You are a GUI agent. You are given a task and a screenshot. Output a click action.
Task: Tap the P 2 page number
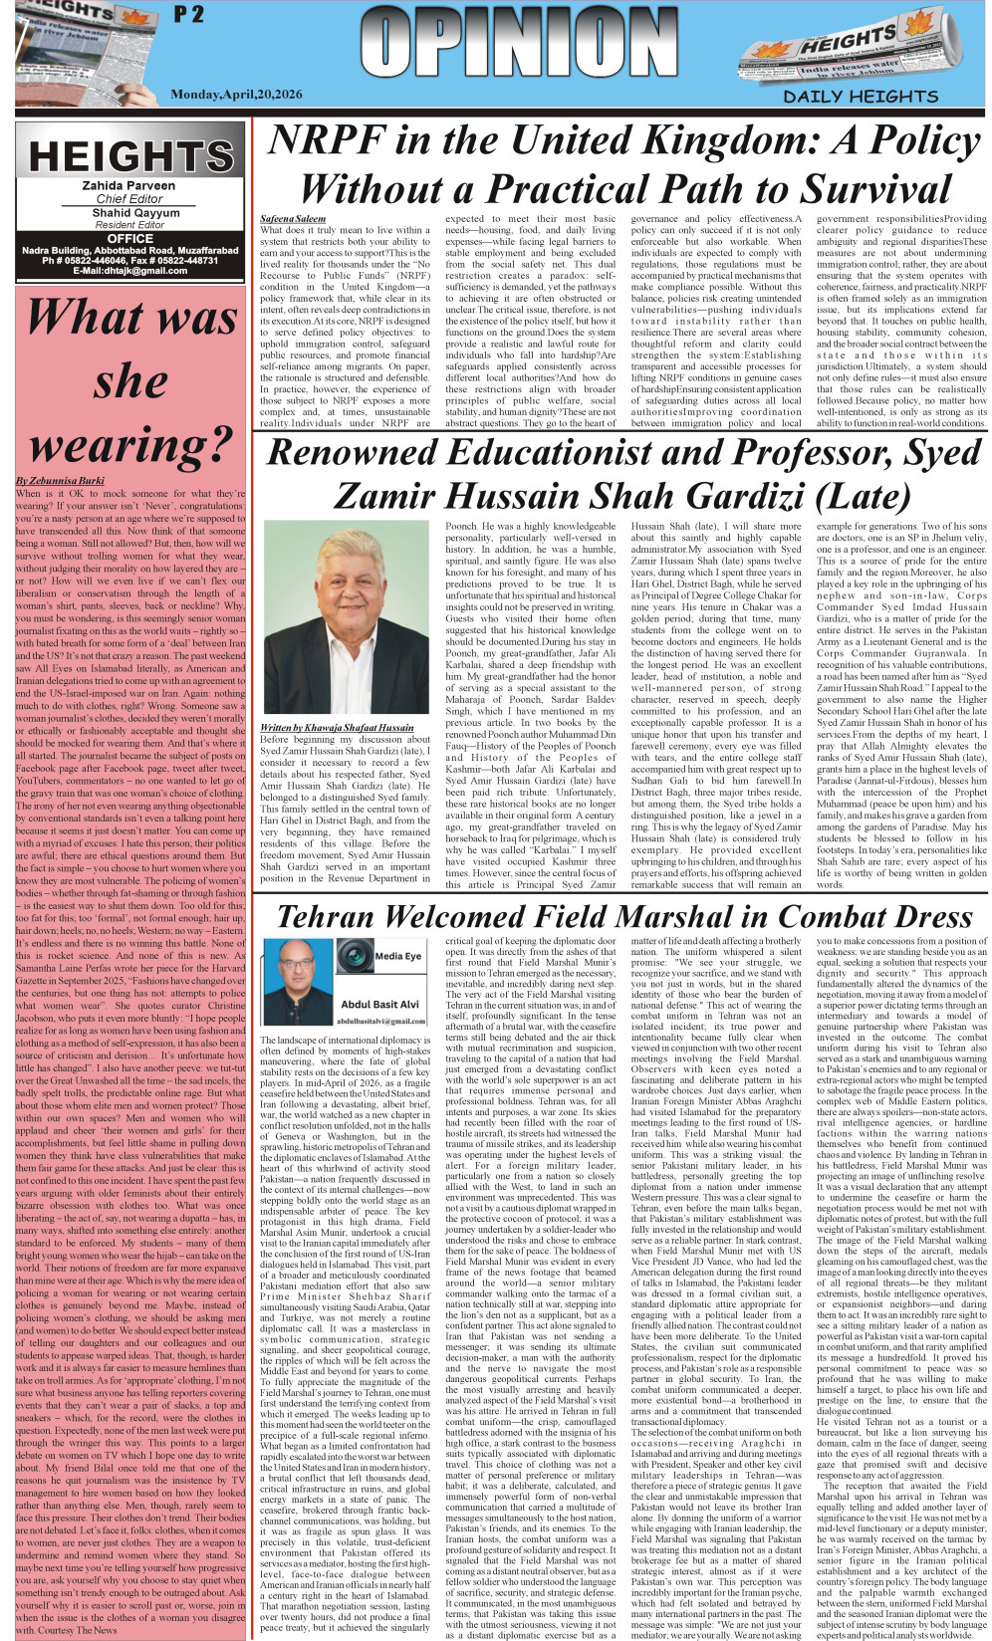point(188,14)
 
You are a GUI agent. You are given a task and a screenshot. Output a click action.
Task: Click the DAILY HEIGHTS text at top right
point(861,97)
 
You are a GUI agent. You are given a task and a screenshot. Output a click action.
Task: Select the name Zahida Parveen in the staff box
point(128,185)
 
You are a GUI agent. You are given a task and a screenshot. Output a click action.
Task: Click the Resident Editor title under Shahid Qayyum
point(129,225)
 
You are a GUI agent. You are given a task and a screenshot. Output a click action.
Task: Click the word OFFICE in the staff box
point(129,238)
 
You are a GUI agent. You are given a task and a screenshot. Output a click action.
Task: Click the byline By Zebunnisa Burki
point(60,481)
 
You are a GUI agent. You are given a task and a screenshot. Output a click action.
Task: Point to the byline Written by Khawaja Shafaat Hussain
point(337,727)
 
